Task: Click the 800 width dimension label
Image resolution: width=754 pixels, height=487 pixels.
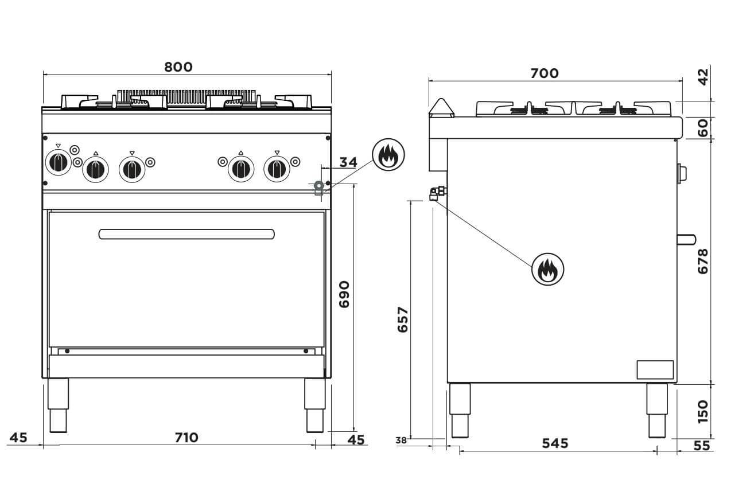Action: pyautogui.click(x=178, y=67)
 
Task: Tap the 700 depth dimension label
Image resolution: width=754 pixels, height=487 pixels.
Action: pyautogui.click(x=544, y=73)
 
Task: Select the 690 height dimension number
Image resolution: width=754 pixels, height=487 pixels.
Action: pyautogui.click(x=344, y=294)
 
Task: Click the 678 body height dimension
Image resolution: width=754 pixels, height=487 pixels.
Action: pyautogui.click(x=703, y=261)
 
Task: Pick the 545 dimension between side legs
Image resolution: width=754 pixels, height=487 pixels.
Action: pyautogui.click(x=555, y=443)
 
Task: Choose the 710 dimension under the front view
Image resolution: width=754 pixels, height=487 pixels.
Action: pyautogui.click(x=186, y=438)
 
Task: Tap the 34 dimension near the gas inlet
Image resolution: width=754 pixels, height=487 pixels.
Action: pyautogui.click(x=348, y=162)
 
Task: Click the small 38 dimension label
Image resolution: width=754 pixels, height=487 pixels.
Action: pyautogui.click(x=401, y=441)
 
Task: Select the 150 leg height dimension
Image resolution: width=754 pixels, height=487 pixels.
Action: pyautogui.click(x=703, y=411)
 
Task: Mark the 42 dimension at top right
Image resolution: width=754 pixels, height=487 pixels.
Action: pyautogui.click(x=703, y=75)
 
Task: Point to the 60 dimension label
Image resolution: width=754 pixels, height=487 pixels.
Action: pyautogui.click(x=703, y=128)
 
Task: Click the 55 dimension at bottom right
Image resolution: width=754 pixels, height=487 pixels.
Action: pyautogui.click(x=701, y=445)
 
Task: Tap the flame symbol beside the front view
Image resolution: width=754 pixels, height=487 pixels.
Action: pyautogui.click(x=388, y=154)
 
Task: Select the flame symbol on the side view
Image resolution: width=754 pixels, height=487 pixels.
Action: pyautogui.click(x=547, y=268)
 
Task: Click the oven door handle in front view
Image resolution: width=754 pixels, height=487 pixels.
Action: pyautogui.click(x=186, y=234)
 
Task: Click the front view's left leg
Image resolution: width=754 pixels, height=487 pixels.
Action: pyautogui.click(x=58, y=405)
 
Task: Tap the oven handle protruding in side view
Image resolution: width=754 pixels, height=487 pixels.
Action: pyautogui.click(x=686, y=239)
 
